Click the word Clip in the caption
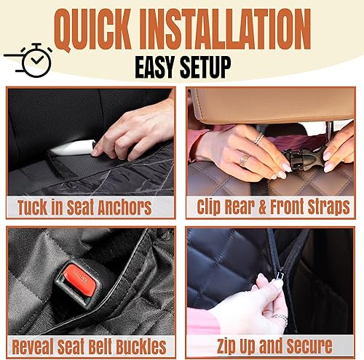[212, 207]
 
